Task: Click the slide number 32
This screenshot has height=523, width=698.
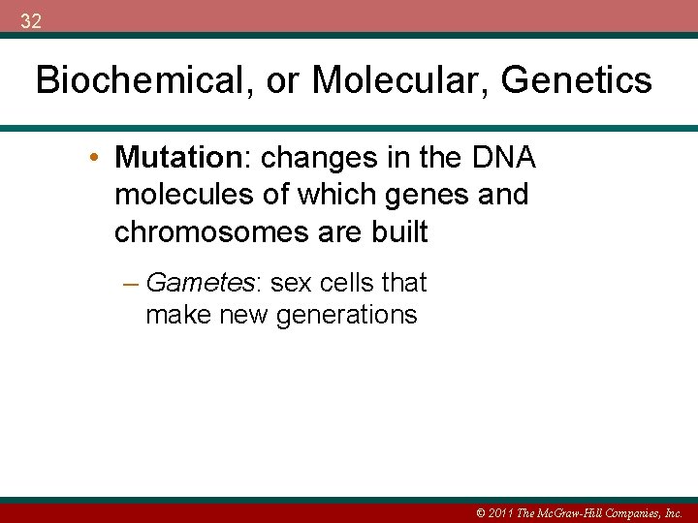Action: coord(30,21)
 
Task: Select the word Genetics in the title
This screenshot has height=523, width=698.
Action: coord(577,80)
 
